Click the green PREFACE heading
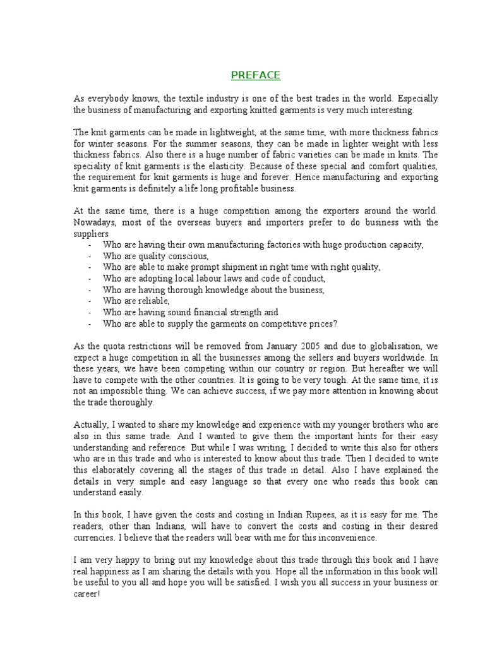pos(255,76)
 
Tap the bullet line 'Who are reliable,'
pos(128,301)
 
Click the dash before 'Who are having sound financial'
pos(91,312)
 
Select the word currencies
pos(95,538)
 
